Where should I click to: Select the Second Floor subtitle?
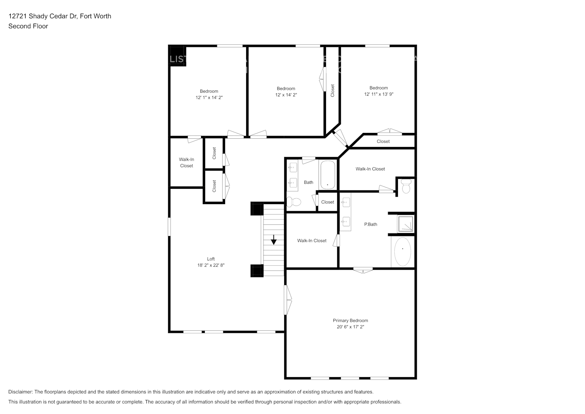point(28,26)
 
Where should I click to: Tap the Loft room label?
point(211,259)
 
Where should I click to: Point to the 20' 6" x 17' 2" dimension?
point(350,327)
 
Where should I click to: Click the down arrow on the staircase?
point(273,240)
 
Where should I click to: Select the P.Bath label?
point(370,224)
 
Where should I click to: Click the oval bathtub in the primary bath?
point(402,251)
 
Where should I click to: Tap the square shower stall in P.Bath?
point(405,224)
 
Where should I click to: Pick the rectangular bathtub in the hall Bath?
point(327,175)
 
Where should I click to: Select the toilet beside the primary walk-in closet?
point(406,187)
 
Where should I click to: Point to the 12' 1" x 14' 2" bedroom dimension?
point(209,97)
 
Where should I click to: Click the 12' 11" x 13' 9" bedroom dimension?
point(379,94)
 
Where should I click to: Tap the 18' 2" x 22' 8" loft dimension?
point(211,265)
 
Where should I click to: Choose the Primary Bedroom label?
point(350,320)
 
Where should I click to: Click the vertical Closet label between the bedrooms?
point(332,91)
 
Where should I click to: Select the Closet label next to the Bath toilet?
point(327,202)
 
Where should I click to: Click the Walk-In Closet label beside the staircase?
point(312,241)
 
